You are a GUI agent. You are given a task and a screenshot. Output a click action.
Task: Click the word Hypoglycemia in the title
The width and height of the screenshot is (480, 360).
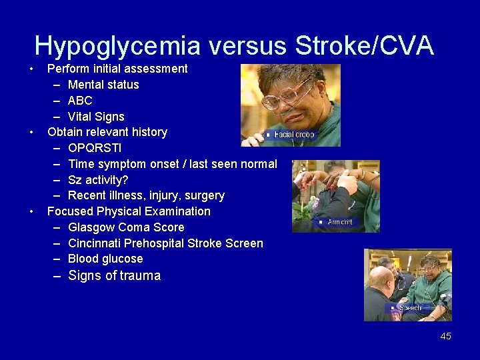(x=117, y=46)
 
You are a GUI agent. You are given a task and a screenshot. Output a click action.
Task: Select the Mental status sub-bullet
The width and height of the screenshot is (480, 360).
(x=103, y=85)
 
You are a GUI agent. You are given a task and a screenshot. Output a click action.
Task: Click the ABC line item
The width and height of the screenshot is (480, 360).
(x=80, y=101)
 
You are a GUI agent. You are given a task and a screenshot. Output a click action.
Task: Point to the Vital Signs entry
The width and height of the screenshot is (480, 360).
(x=96, y=117)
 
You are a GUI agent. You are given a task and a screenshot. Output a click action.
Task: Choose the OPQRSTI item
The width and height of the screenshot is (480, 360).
(x=95, y=148)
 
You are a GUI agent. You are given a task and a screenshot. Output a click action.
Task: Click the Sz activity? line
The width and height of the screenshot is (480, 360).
(x=98, y=180)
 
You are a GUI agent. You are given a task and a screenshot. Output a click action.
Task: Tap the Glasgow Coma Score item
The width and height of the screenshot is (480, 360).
(x=126, y=227)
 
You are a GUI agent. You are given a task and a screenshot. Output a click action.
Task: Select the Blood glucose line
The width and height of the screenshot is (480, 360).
(x=105, y=259)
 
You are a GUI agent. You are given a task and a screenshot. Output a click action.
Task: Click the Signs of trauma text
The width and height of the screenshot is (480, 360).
(x=115, y=276)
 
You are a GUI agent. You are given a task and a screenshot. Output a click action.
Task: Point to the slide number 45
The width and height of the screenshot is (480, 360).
(x=445, y=336)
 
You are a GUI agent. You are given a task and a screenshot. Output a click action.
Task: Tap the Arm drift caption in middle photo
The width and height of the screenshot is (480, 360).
(x=340, y=222)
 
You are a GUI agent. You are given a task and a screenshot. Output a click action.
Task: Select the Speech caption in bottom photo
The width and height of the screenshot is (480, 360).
(x=409, y=308)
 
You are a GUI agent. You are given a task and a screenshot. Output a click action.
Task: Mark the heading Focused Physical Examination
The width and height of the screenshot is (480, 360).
(x=129, y=211)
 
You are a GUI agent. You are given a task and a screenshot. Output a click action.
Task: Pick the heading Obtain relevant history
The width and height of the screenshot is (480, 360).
(x=107, y=132)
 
